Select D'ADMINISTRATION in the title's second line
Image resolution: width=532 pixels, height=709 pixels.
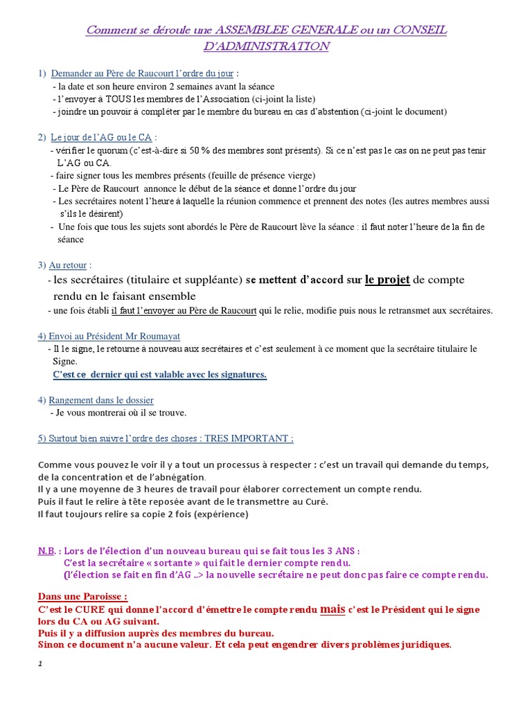point(266,46)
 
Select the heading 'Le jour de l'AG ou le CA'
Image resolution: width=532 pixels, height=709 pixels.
point(101,138)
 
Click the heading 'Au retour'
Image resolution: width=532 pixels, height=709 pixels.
point(69,265)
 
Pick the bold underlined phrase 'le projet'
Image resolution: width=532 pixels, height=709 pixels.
point(387,280)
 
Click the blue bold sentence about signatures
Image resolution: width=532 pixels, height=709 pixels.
point(159,375)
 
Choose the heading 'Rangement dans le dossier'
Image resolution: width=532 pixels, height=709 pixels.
point(101,400)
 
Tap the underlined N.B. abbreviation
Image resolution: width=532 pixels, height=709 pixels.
point(46,551)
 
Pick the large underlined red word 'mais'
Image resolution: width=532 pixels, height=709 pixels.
point(333,609)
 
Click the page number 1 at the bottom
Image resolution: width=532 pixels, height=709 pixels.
point(40,663)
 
